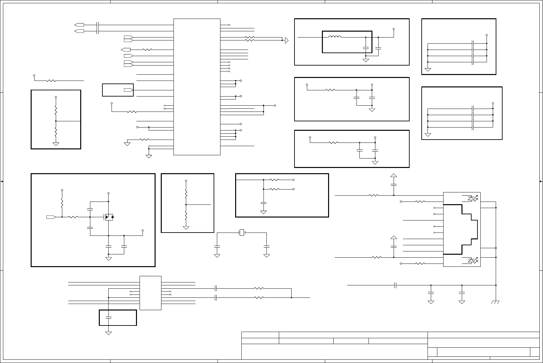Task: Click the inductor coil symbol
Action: click(335, 37)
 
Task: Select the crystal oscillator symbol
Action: click(242, 233)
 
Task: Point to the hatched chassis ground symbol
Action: click(495, 302)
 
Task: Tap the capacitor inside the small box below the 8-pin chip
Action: click(109, 317)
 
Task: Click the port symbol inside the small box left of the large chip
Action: click(128, 90)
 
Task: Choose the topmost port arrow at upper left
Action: click(79, 25)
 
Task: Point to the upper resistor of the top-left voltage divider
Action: click(56, 109)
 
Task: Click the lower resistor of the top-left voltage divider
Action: click(56, 132)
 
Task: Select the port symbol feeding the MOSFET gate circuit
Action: click(51, 217)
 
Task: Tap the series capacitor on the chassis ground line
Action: click(396, 285)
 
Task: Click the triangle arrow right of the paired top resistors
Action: click(287, 40)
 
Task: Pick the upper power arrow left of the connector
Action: click(394, 175)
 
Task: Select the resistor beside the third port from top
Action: click(147, 50)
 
